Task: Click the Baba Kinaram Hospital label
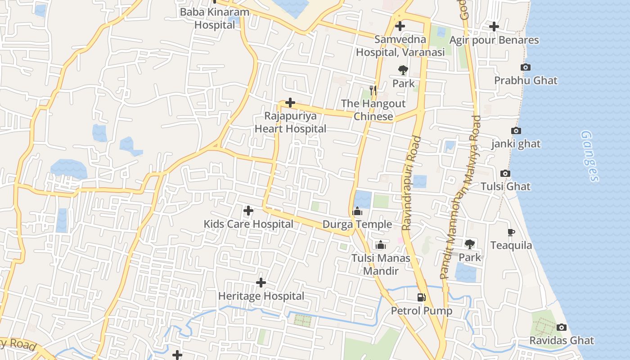point(214,18)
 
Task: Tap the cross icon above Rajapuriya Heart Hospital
point(290,103)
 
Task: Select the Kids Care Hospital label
point(248,224)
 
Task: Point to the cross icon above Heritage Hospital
point(261,283)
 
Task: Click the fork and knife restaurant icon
point(373,90)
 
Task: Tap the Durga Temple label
point(357,224)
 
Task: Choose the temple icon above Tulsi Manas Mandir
point(381,245)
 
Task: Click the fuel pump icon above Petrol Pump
point(421,297)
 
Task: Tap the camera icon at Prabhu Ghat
point(525,67)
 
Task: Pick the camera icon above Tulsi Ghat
point(505,174)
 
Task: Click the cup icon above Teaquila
point(511,233)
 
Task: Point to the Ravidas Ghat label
point(562,340)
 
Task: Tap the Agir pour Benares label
point(494,40)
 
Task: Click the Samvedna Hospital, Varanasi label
point(400,46)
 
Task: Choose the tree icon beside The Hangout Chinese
point(403,70)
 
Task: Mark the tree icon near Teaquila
point(470,244)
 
